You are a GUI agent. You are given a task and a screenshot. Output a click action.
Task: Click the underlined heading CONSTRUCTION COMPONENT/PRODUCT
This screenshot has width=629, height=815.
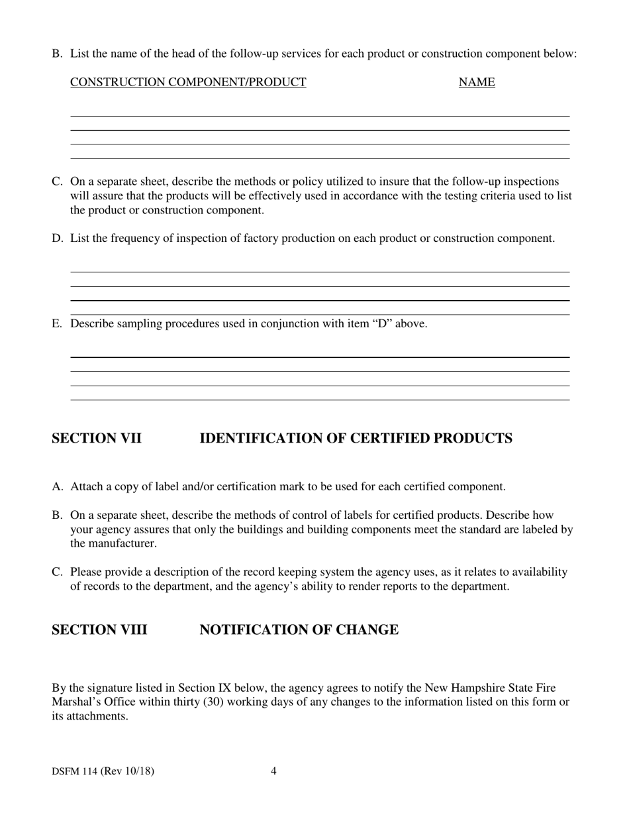(x=188, y=82)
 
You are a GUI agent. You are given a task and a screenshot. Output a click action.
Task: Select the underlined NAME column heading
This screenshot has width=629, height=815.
(x=477, y=82)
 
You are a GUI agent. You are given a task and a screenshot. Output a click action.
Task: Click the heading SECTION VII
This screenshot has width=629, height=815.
(x=97, y=439)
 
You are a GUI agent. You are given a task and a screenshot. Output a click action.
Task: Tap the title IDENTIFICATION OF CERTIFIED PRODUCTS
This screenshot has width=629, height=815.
(x=356, y=439)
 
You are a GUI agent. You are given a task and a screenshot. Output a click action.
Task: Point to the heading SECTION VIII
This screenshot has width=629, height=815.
(x=99, y=630)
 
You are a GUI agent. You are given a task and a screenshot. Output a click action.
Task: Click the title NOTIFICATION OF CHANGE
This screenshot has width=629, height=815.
(x=299, y=630)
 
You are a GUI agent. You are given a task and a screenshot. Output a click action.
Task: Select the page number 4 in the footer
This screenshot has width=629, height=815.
(x=274, y=771)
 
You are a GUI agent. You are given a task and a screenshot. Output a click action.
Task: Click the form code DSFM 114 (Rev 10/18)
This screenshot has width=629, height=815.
(x=103, y=771)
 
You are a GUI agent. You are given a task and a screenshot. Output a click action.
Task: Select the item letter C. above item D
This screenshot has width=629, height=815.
(x=58, y=182)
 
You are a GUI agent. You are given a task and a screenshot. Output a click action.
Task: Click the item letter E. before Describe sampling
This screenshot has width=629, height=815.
(x=58, y=324)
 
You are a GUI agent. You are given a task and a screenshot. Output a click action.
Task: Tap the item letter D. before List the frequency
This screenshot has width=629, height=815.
(x=58, y=239)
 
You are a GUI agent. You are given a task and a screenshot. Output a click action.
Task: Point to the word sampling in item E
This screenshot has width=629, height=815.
(x=141, y=324)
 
